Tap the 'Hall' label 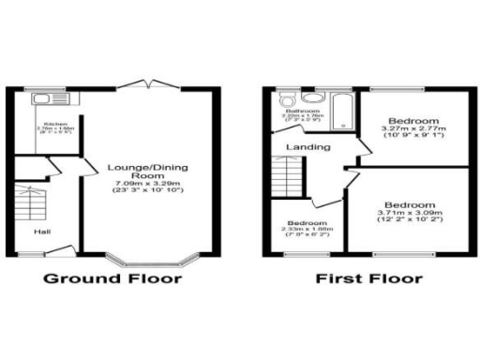[x=43, y=231]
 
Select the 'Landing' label [x=307, y=147]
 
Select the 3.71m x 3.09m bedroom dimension [x=410, y=214]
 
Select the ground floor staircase [x=31, y=201]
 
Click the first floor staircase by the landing [x=285, y=178]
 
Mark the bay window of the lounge [x=151, y=258]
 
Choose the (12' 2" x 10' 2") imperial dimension [x=410, y=222]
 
